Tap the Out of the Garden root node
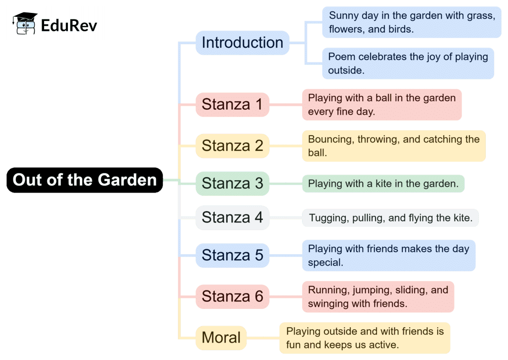coord(84,180)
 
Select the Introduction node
coord(242,43)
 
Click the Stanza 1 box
coord(232,105)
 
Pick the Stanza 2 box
coord(232,146)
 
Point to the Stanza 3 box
coord(232,183)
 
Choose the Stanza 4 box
coord(232,217)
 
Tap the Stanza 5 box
coord(232,255)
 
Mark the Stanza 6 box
coord(232,296)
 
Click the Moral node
coord(221,338)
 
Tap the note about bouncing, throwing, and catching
coord(393,146)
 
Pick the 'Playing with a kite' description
coord(383,184)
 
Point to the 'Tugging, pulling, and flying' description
coord(390,217)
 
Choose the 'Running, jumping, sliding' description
coord(378,296)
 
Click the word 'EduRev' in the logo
coord(69,24)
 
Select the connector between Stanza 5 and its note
coord(285,255)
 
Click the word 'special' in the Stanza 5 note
coord(325,263)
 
